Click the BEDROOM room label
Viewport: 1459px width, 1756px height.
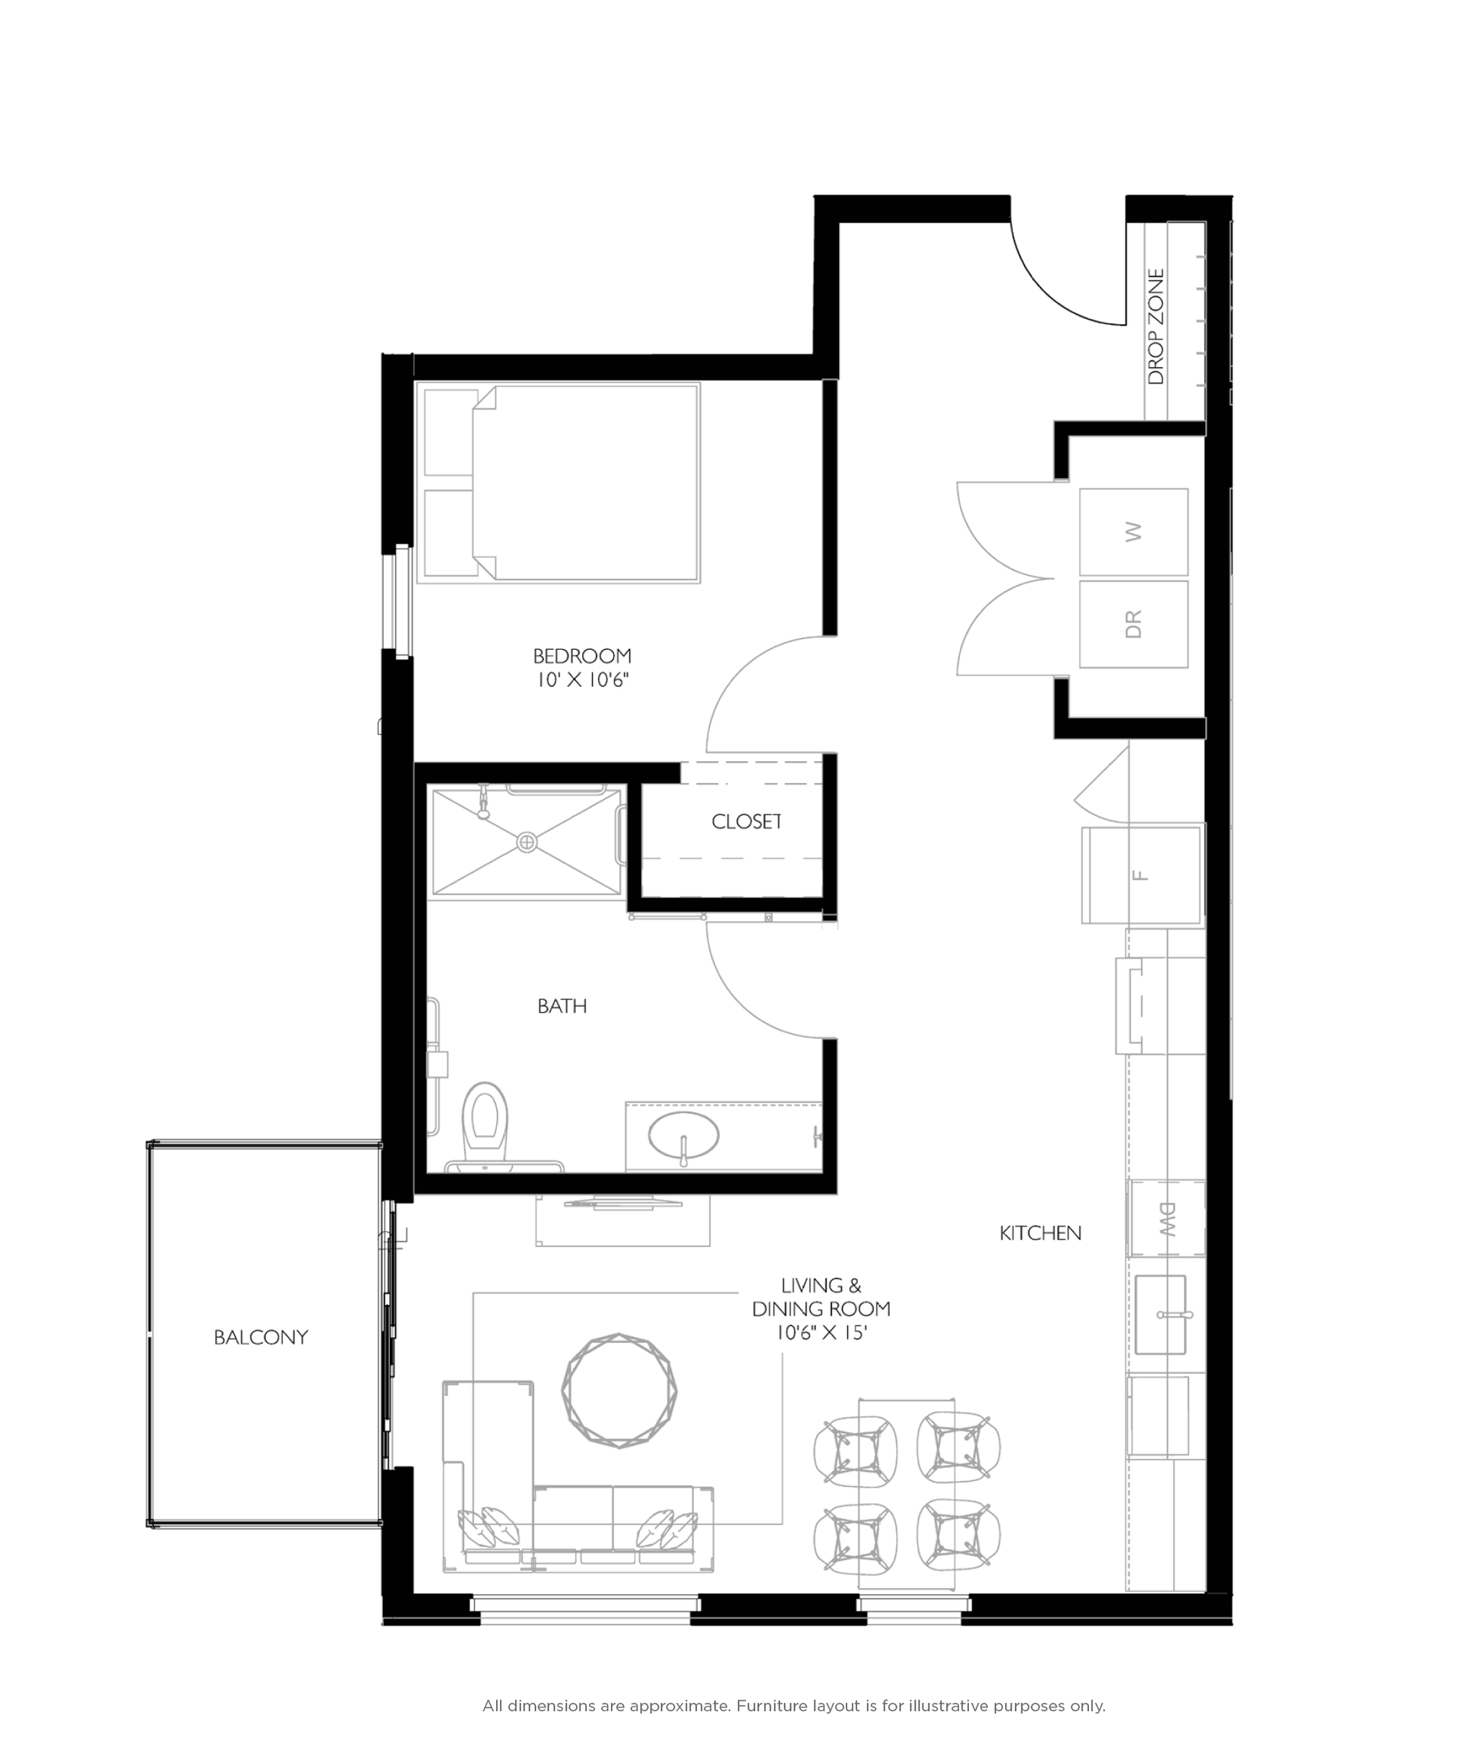[582, 656]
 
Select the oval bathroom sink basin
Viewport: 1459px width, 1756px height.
[683, 1134]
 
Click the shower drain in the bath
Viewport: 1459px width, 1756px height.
[527, 842]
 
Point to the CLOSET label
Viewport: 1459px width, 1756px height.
[747, 822]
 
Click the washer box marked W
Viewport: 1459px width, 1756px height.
[1133, 532]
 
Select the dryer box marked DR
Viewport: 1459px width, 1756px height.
[1133, 624]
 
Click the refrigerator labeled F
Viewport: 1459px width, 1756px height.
[1141, 875]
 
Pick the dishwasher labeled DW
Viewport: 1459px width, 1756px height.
[1166, 1218]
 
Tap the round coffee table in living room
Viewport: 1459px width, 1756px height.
[619, 1391]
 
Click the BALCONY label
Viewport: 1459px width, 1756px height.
[261, 1337]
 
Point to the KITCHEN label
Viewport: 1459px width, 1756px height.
[1040, 1232]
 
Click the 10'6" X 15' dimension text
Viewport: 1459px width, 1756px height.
[821, 1333]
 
